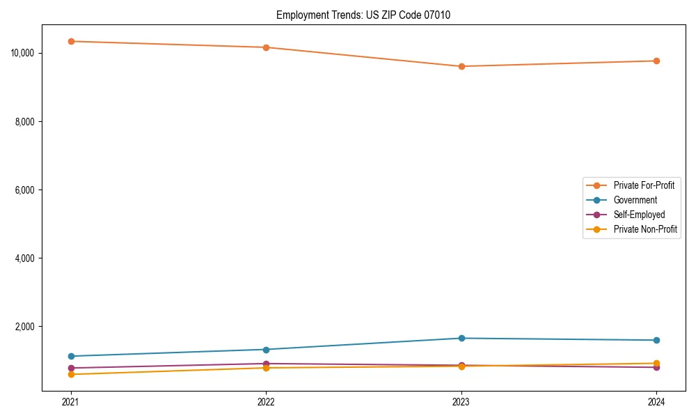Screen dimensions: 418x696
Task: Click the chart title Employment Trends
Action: [363, 15]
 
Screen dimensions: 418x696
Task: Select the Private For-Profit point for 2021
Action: [71, 41]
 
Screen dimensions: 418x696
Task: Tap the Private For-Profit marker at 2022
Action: [266, 47]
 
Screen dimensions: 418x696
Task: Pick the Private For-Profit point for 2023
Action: [461, 66]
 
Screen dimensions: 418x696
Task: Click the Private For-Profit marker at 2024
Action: [656, 61]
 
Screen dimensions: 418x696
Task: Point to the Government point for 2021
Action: [71, 356]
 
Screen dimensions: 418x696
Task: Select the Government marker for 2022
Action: [266, 350]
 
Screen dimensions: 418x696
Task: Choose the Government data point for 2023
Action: [461, 338]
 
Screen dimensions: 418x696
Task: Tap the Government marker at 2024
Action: [656, 340]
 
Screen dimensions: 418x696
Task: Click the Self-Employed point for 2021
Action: [71, 368]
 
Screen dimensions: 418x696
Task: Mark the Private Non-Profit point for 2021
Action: [71, 374]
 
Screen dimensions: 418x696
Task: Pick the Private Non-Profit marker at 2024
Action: [656, 363]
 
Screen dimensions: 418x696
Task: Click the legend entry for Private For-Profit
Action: [644, 185]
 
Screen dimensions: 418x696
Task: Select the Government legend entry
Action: [635, 200]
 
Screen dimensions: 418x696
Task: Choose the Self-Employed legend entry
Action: [639, 215]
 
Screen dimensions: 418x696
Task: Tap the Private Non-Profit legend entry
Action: [645, 229]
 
